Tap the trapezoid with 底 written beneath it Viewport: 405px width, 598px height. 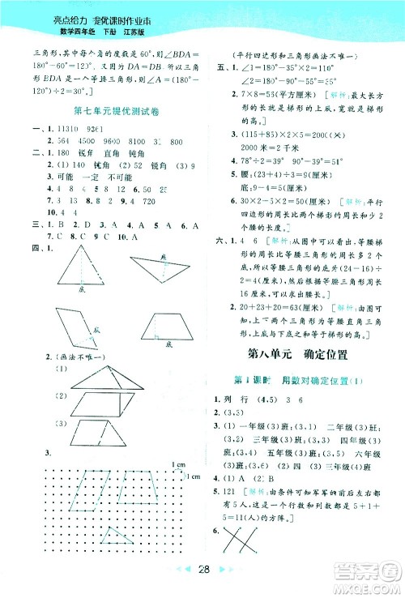(165, 327)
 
